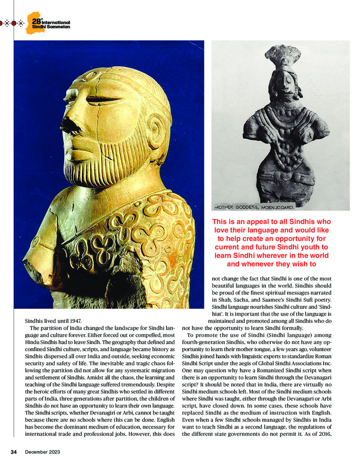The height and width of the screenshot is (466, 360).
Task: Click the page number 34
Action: point(13,452)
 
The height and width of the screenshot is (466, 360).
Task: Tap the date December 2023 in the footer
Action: point(42,452)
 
